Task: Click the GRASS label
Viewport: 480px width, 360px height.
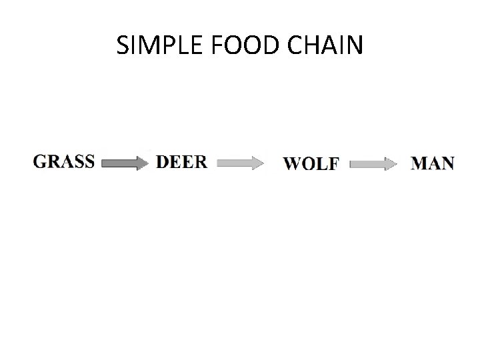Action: click(x=64, y=162)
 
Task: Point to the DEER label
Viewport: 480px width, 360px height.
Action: click(x=181, y=162)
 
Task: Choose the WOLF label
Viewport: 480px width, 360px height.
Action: click(x=311, y=163)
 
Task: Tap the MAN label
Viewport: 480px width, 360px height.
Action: click(x=433, y=163)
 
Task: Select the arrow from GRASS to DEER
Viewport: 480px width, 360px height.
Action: click(x=125, y=163)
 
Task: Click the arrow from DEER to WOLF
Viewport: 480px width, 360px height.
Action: click(x=240, y=163)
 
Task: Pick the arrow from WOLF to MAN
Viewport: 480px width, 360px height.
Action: click(x=374, y=163)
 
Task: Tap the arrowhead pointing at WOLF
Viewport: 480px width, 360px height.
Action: click(x=257, y=163)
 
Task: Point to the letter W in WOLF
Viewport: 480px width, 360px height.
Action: click(x=293, y=163)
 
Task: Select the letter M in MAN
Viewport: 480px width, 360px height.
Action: click(x=420, y=163)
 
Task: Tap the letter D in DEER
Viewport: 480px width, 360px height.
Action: click(x=163, y=162)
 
